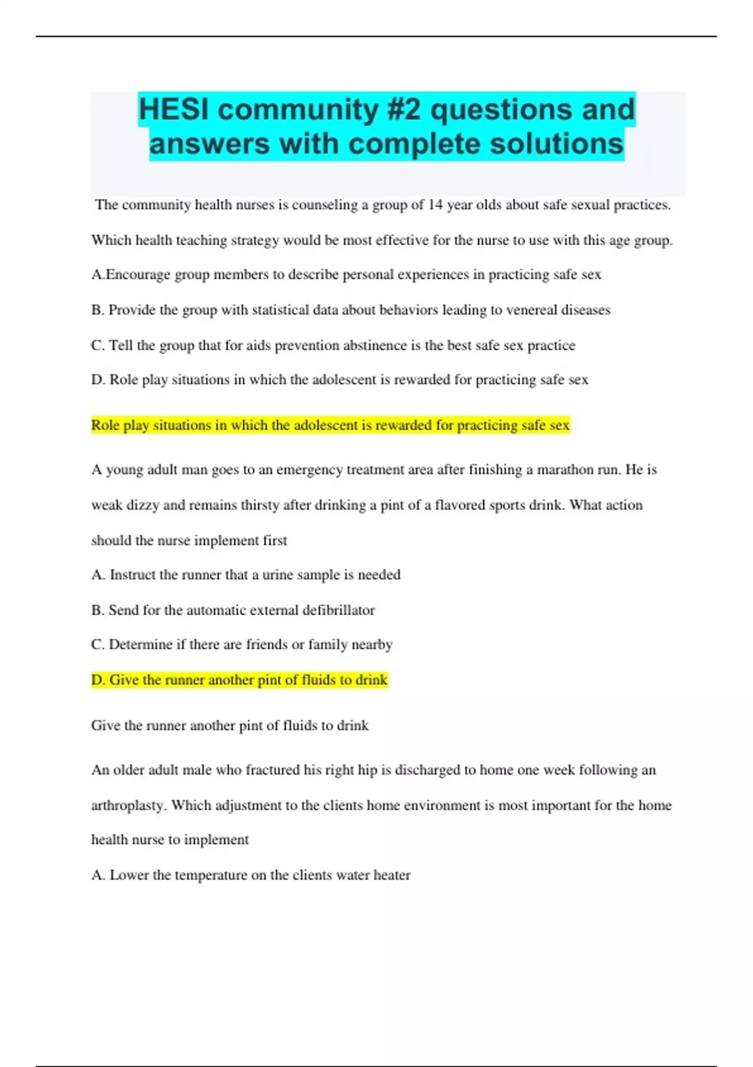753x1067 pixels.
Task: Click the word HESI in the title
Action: coord(174,110)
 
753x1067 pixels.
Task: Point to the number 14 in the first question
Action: coord(435,205)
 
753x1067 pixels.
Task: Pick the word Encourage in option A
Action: coord(138,275)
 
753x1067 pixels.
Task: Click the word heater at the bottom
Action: coord(392,875)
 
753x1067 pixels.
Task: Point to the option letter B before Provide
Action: coord(96,310)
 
